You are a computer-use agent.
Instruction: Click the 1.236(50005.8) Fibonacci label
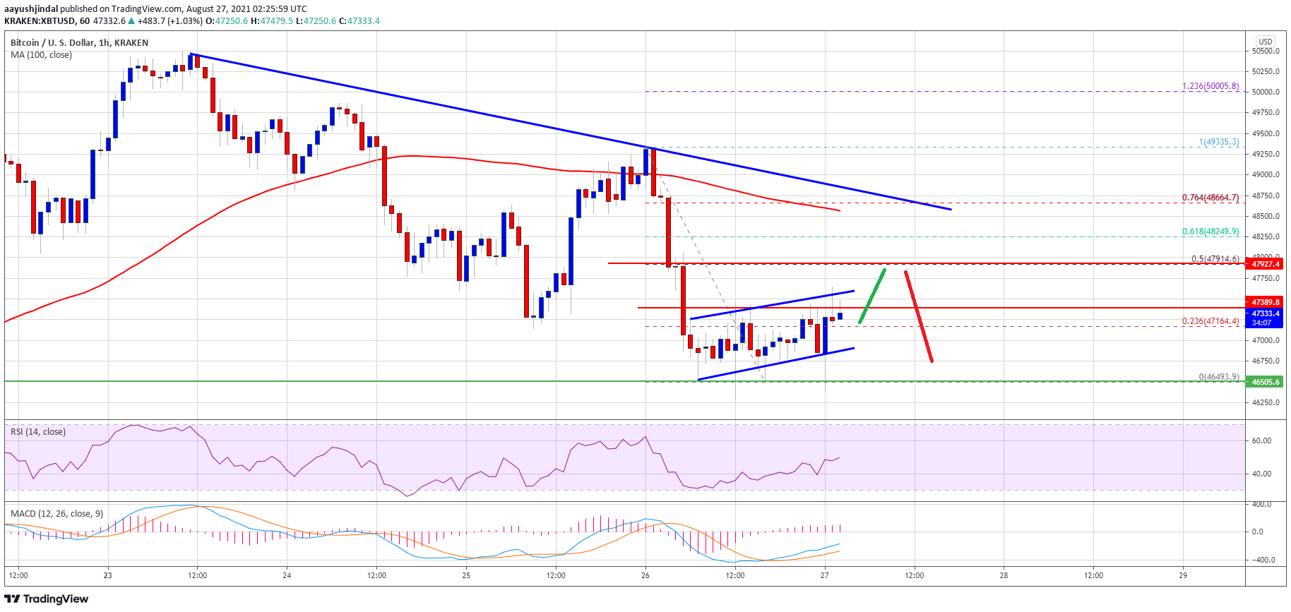1210,86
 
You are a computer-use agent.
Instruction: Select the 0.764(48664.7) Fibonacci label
1210,198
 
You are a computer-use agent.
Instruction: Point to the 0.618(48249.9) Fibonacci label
1210,232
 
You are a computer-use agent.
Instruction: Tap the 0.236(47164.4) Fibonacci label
1210,321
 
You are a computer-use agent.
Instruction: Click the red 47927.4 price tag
1265,264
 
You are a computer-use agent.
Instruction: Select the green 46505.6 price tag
1265,382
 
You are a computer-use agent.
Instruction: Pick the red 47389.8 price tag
1265,302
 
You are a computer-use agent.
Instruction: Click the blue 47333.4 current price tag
1265,313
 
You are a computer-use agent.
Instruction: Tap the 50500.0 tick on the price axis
1265,51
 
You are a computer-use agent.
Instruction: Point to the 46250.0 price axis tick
1265,402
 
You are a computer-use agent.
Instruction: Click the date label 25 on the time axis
466,575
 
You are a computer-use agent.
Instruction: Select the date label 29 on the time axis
1183,575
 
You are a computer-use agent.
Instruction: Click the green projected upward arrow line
872,296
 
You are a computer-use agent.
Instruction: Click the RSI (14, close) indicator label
38,432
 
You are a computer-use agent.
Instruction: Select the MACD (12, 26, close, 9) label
56,513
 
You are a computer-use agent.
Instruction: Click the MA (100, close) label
41,55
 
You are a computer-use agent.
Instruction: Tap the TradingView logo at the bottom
47,599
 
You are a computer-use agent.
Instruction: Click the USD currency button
1265,41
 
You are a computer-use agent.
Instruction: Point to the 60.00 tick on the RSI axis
1261,440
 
